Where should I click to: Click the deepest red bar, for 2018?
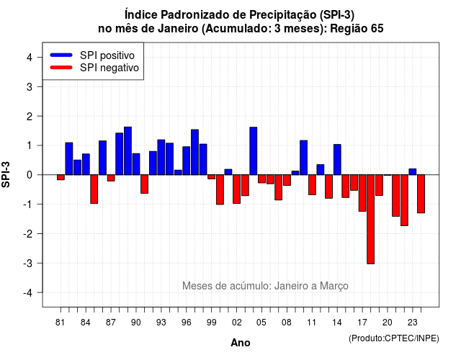coord(371,219)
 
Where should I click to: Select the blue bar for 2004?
coord(254,151)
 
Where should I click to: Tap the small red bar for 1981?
coord(61,177)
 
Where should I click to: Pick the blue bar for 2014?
coord(337,160)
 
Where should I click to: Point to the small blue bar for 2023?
coord(413,171)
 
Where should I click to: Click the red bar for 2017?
coord(362,193)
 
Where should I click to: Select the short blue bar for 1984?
coord(86,164)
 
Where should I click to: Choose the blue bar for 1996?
coord(187,161)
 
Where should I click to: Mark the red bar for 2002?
coord(237,189)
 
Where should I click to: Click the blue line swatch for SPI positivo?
coord(61,55)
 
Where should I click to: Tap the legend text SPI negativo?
coord(109,68)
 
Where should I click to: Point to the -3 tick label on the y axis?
coord(29,263)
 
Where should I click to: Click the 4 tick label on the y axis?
coord(30,58)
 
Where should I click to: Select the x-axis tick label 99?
coord(211,323)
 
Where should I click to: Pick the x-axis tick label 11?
coord(312,323)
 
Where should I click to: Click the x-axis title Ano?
coord(241,343)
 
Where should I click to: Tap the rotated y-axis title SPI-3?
coord(6,174)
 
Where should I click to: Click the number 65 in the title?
coord(377,29)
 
